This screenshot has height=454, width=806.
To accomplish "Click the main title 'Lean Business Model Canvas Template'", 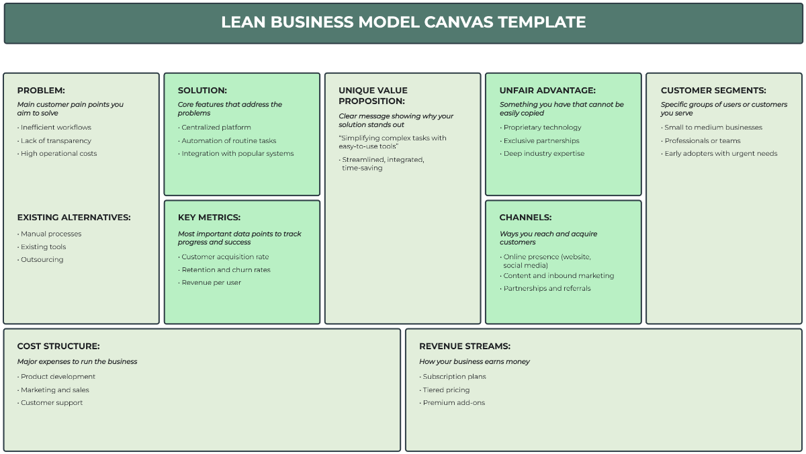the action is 404,22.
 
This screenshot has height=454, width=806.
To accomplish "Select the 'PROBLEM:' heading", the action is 41,90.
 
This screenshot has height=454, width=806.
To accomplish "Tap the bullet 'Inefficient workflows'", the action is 54,128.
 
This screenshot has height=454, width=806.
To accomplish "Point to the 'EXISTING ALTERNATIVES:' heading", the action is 74,218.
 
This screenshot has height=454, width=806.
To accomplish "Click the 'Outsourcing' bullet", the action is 40,259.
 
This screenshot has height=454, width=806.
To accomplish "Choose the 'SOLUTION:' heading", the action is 202,90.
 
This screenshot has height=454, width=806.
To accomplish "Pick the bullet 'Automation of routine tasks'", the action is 227,140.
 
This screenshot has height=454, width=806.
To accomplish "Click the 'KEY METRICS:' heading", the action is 209,218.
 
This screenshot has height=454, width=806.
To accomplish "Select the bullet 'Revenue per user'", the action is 210,283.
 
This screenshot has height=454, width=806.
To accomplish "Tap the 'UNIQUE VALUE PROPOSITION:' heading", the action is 373,95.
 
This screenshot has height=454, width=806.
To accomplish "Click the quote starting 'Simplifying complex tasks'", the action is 392,142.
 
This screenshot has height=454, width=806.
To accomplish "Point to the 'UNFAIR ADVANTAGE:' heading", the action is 547,90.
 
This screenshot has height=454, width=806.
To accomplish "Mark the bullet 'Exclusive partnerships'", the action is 539,140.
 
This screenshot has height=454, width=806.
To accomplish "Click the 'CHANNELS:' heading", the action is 525,218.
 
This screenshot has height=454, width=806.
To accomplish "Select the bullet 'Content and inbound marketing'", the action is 557,275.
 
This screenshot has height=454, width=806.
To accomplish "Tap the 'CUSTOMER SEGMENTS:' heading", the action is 713,90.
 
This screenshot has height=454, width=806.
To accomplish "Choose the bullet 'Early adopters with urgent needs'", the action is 719,154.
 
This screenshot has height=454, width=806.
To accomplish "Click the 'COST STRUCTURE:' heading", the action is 58,346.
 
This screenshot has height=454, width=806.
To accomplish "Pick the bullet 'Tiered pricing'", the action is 445,390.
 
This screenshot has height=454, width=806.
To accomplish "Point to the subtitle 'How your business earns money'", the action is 474,361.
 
